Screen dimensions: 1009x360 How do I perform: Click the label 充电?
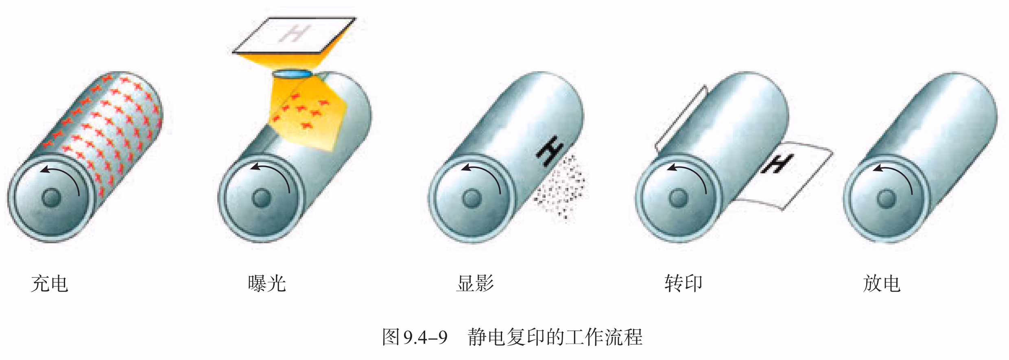click(49, 284)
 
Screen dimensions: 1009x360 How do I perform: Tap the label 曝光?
click(267, 284)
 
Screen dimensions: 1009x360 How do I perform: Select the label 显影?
click(475, 284)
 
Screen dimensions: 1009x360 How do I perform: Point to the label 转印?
click(684, 284)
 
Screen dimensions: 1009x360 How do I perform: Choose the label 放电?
click(882, 284)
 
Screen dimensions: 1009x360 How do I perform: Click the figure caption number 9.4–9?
click(426, 337)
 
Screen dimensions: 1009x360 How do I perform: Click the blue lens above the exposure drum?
click(292, 74)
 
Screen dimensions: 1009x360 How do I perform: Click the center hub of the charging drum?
click(51, 198)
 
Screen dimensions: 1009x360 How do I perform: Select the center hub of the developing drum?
click(472, 198)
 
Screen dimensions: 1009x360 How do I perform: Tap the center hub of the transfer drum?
click(678, 198)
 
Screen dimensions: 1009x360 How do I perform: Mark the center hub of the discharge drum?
click(887, 199)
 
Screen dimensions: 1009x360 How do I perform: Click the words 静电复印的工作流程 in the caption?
click(555, 337)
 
